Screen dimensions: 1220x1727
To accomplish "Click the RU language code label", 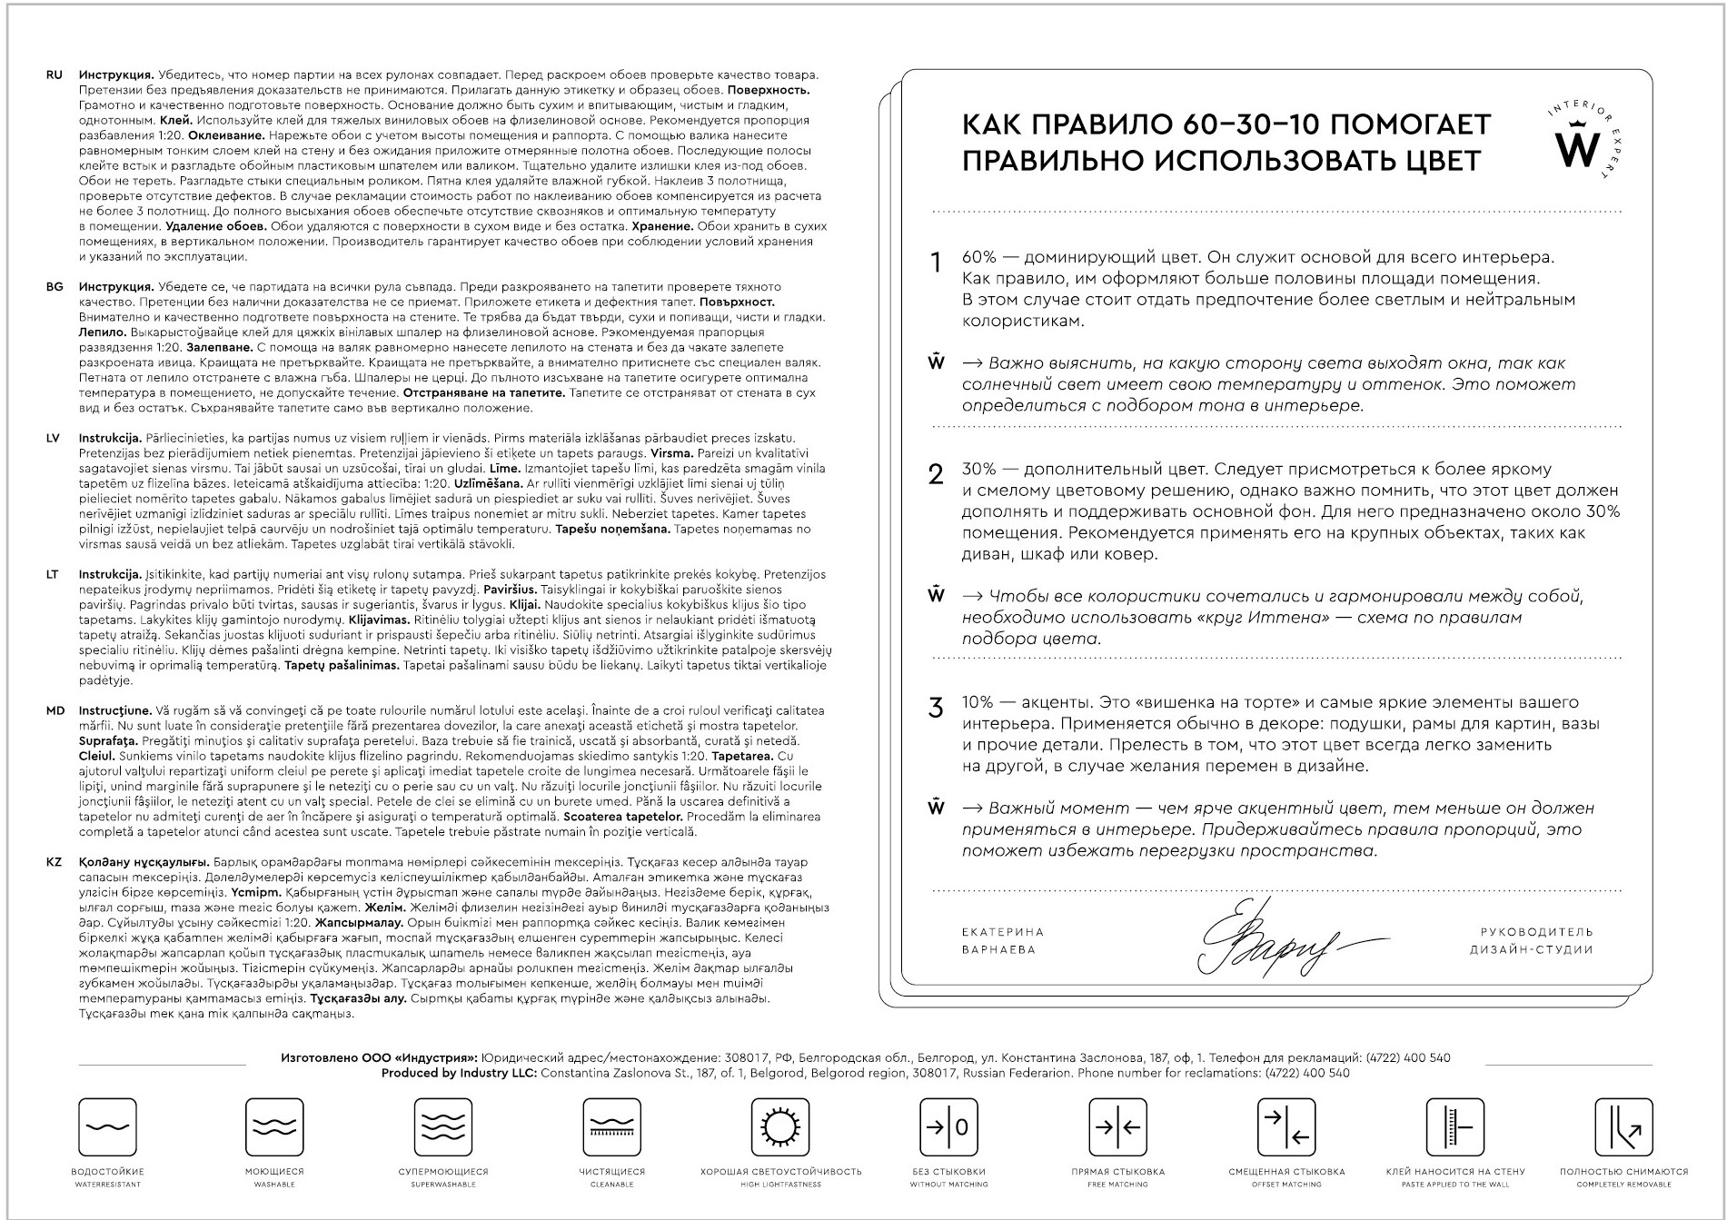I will pos(54,75).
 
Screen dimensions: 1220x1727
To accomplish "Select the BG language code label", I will pos(55,287).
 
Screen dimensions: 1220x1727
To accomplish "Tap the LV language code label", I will pos(53,438).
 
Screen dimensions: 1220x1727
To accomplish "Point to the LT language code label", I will pos(53,574).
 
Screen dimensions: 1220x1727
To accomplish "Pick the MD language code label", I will pos(55,710).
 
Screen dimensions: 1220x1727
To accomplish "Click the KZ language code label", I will pos(54,862).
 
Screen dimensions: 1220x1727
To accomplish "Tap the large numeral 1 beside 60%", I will pos(936,263).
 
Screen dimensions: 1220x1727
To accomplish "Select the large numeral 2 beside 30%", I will pos(936,474).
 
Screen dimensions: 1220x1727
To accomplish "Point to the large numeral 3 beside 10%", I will pos(936,709).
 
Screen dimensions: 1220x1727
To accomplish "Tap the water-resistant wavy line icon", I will pos(107,1127).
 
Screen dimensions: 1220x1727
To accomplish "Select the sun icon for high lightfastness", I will pos(780,1127).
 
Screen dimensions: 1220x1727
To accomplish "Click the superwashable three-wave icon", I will pos(442,1127).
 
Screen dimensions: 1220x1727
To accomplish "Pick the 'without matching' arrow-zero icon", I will pos(948,1127).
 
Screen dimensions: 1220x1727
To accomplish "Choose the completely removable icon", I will pos(1623,1127).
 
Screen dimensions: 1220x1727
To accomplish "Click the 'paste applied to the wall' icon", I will pos(1454,1127).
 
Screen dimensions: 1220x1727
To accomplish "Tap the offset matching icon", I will pos(1286,1127).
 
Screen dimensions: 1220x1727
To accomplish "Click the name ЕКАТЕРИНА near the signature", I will pos(1003,932).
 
